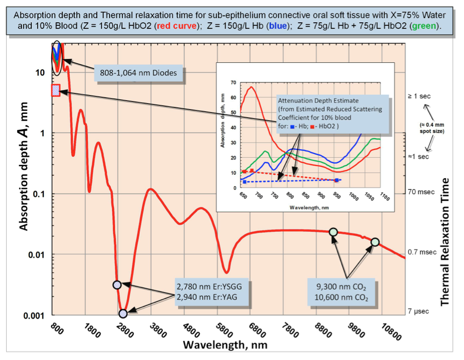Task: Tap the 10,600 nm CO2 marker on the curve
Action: pos(375,242)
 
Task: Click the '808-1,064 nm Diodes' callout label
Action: pos(138,73)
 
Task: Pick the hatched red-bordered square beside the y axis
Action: pos(56,90)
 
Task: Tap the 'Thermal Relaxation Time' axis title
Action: pos(445,242)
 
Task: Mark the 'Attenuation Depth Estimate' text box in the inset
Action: pos(332,114)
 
